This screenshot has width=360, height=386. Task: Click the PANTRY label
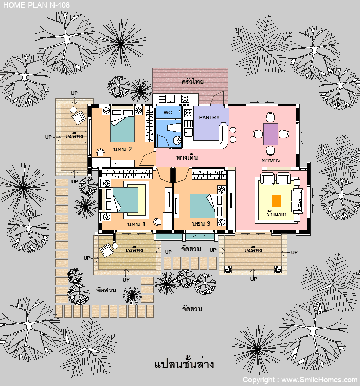[x=209, y=118]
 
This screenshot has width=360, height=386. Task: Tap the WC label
[x=168, y=113]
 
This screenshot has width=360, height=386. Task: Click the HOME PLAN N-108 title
[x=37, y=5]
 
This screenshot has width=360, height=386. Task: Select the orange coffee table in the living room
[x=276, y=201]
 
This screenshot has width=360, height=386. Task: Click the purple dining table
[x=271, y=134]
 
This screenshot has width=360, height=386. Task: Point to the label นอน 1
[x=136, y=224]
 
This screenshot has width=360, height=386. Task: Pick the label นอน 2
[x=122, y=149]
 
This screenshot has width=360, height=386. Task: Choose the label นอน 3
[x=201, y=224]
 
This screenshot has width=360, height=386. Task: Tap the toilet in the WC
[x=177, y=141]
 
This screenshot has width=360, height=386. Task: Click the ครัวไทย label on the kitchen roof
[x=192, y=81]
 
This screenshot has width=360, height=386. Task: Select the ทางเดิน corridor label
[x=187, y=157]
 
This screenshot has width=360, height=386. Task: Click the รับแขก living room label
[x=277, y=214]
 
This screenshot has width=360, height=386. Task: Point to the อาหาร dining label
[x=271, y=160]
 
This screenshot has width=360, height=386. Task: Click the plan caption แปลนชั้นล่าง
[x=184, y=364]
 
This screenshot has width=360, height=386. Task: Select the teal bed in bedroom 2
[x=122, y=129]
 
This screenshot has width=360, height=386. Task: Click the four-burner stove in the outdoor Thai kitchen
[x=185, y=99]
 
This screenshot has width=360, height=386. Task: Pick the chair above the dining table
[x=271, y=117]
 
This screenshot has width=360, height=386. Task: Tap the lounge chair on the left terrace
[x=78, y=118]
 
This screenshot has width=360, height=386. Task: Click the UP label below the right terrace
[x=254, y=279]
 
